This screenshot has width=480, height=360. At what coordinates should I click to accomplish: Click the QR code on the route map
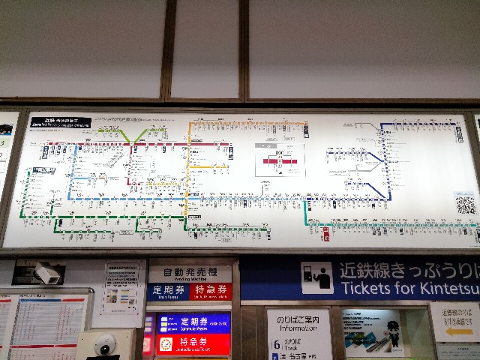coord(465,203)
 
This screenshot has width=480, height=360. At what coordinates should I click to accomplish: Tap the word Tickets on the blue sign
coord(369,287)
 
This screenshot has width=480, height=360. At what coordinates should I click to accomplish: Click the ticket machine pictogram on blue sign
coord(317,277)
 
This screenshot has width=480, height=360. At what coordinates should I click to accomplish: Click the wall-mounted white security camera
coord(46,273)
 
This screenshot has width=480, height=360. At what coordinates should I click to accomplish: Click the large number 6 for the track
coord(277,344)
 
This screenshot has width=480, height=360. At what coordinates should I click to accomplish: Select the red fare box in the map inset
coord(279,160)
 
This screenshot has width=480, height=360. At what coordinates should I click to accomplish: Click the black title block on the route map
coord(60,122)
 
